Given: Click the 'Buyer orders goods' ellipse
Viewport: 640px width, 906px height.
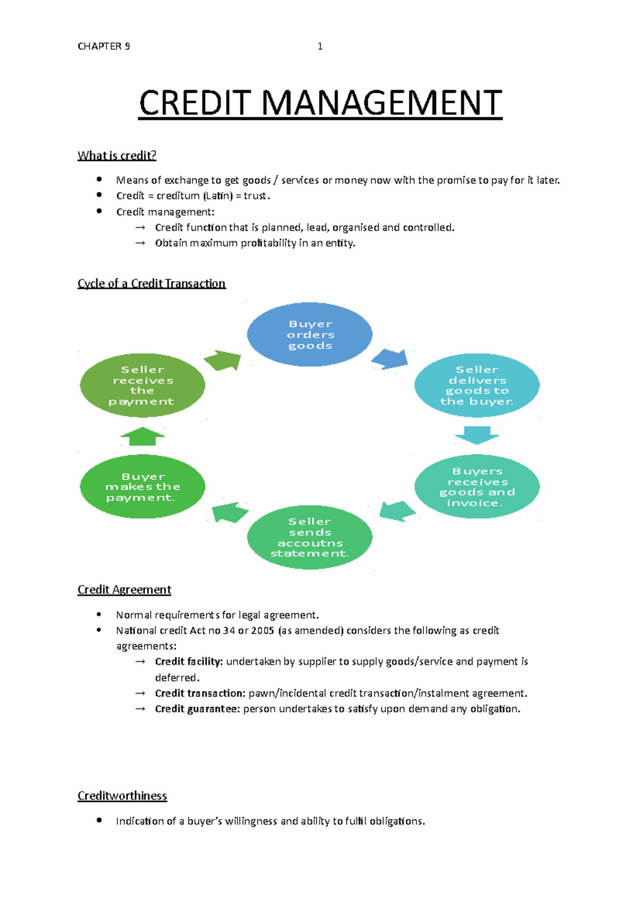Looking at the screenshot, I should [x=310, y=335].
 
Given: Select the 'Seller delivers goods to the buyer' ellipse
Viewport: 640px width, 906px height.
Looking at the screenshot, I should [x=477, y=385].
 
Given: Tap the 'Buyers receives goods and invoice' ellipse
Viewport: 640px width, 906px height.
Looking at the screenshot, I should [x=477, y=487].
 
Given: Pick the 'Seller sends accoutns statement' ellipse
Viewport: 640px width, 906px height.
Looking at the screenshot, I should [x=310, y=537].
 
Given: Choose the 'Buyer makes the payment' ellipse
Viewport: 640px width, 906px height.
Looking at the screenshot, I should [x=142, y=487].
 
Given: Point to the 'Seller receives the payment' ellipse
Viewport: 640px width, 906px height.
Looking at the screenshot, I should [x=142, y=385].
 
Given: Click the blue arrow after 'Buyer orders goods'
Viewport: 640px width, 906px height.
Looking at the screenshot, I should [x=390, y=359].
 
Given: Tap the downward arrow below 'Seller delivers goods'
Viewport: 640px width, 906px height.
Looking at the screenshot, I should [x=477, y=435].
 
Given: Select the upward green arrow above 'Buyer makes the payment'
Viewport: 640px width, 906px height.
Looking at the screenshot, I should [x=142, y=436].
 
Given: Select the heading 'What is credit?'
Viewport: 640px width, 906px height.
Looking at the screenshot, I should [x=117, y=155].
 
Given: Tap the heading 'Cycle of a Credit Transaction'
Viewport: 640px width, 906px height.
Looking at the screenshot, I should [x=151, y=283].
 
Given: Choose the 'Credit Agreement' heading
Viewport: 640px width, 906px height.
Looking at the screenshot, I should [x=124, y=590].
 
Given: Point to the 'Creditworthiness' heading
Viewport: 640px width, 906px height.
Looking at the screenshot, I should [x=122, y=796].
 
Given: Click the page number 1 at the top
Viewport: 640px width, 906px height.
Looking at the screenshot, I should [x=320, y=46].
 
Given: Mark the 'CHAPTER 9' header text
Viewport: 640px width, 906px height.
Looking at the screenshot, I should [x=103, y=46].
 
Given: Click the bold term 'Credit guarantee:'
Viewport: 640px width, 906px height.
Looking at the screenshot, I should [x=197, y=709].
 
